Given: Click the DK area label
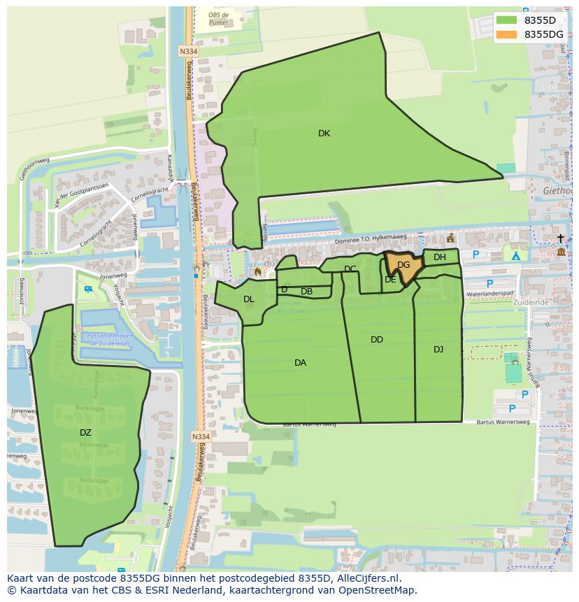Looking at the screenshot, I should tap(324, 134).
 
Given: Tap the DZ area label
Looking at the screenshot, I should tap(85, 433).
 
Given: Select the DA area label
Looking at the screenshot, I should tap(300, 362).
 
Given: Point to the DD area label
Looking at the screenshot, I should tap(377, 340).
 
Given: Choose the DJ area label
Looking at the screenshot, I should tap(438, 350).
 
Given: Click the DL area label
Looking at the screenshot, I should tap(249, 299).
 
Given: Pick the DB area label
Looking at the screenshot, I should tap(306, 292).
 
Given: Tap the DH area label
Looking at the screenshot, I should tap(439, 257).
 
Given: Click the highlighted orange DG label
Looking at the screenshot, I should tap(403, 265).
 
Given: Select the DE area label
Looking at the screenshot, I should tap(390, 280).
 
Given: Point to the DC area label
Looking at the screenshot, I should tap(350, 269).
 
